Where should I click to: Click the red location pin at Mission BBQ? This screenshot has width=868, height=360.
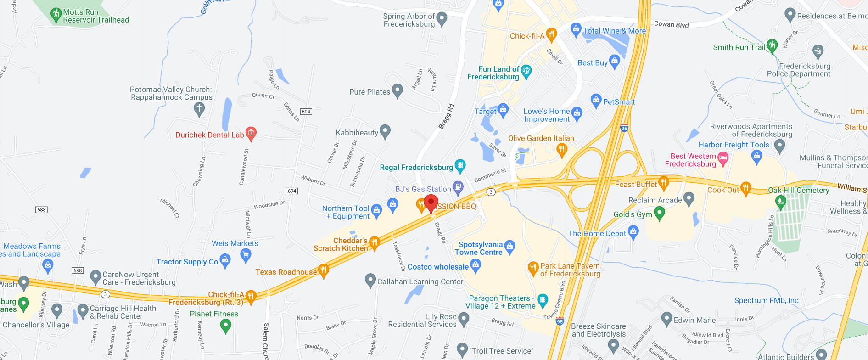[x=431, y=203]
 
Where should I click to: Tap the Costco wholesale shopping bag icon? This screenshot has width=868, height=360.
[x=476, y=265]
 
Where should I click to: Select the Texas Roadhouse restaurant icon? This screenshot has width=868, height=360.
[x=324, y=270]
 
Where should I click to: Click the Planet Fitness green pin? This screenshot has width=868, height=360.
[x=225, y=325]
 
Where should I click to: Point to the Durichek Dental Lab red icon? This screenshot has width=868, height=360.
[x=251, y=134]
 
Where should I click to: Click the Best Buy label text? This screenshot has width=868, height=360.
[x=592, y=63]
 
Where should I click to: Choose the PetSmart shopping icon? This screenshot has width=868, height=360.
[x=596, y=100]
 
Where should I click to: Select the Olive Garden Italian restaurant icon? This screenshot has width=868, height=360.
[x=561, y=149]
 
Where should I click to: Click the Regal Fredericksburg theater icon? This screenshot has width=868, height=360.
[x=460, y=166]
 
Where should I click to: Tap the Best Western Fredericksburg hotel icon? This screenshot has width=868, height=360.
[x=723, y=159]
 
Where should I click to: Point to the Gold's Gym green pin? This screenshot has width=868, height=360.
[x=659, y=213]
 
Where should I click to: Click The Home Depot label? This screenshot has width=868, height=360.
[x=597, y=233]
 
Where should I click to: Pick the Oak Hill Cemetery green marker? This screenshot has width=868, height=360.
[x=780, y=201]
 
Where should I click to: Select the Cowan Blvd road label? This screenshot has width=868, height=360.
[x=671, y=24]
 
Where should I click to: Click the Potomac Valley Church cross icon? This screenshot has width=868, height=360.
[x=199, y=109]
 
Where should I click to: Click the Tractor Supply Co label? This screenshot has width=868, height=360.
[x=187, y=262]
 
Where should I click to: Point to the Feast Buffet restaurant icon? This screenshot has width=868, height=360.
[x=663, y=183]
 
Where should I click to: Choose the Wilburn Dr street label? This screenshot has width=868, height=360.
[x=313, y=180]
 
